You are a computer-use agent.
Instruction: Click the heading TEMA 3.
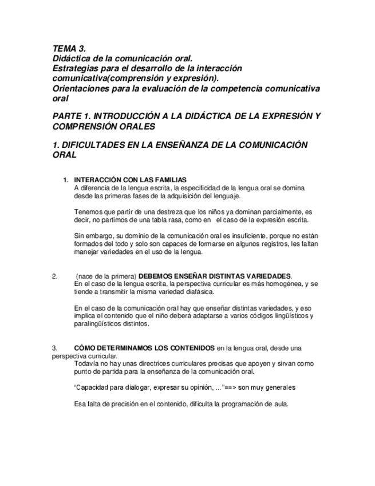click(69, 49)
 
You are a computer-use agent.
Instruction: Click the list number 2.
click(54, 276)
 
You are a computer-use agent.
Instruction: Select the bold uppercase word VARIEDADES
click(266, 276)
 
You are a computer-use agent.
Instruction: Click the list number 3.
click(54, 348)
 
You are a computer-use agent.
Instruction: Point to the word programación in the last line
click(234, 403)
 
